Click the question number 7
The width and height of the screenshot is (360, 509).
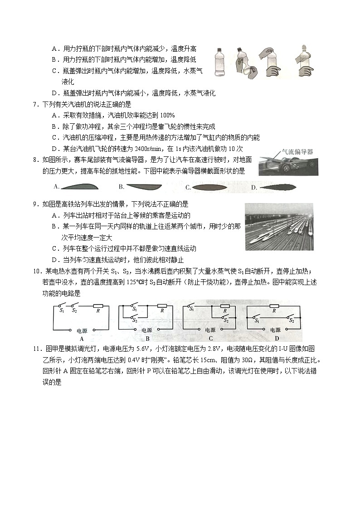tap(35, 104)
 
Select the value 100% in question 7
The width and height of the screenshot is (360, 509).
tap(167, 116)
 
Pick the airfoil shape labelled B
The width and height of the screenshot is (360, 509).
tap(144, 186)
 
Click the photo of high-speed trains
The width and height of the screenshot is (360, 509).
tap(278, 226)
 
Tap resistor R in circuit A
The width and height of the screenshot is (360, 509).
tap(98, 311)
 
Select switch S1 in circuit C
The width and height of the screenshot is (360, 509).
tap(191, 309)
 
